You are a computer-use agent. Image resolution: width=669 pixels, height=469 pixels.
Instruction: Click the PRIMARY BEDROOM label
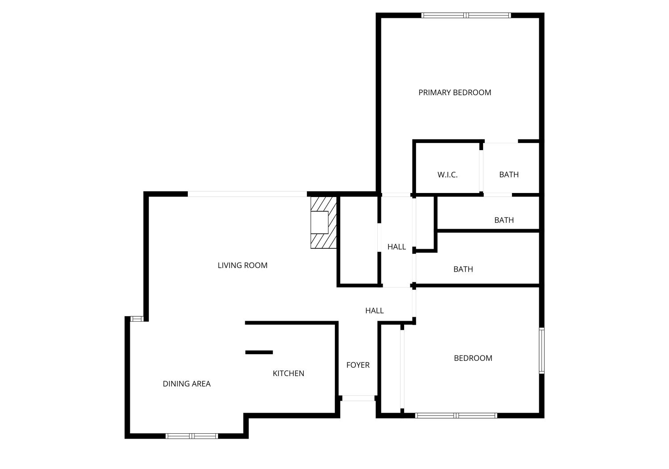click(454, 92)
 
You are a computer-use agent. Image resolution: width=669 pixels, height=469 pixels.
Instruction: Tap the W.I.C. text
click(447, 175)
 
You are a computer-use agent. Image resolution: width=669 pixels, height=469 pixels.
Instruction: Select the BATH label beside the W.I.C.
click(509, 175)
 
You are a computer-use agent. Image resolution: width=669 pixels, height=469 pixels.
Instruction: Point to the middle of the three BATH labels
click(504, 220)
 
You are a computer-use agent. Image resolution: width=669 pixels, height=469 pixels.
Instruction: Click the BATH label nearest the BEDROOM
click(463, 269)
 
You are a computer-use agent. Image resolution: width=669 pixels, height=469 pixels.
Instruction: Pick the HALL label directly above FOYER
click(374, 310)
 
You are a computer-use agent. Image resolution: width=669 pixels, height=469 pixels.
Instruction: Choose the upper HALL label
click(396, 247)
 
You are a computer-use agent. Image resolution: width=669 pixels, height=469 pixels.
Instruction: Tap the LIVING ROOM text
click(242, 265)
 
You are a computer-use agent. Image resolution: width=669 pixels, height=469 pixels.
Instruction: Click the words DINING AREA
click(186, 384)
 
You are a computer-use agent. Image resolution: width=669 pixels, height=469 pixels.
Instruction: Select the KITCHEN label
click(288, 373)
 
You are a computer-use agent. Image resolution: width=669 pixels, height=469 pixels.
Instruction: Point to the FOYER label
click(358, 365)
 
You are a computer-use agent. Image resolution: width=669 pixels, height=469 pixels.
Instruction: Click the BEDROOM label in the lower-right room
click(473, 358)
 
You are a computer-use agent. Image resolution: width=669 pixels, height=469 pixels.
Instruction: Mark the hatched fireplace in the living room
click(323, 222)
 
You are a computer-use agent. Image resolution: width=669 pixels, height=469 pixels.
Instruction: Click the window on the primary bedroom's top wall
click(466, 15)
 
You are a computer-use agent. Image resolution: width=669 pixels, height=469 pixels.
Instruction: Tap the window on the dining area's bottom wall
click(191, 436)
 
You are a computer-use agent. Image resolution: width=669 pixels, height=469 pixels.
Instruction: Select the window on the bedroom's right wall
click(541, 351)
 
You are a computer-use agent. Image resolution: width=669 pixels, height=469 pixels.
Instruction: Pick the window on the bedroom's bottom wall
click(456, 415)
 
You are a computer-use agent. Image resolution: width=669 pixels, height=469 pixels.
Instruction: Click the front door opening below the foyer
click(358, 398)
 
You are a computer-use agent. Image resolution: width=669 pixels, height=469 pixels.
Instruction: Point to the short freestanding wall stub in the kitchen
click(259, 352)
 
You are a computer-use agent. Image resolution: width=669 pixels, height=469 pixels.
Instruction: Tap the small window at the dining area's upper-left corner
click(136, 318)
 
